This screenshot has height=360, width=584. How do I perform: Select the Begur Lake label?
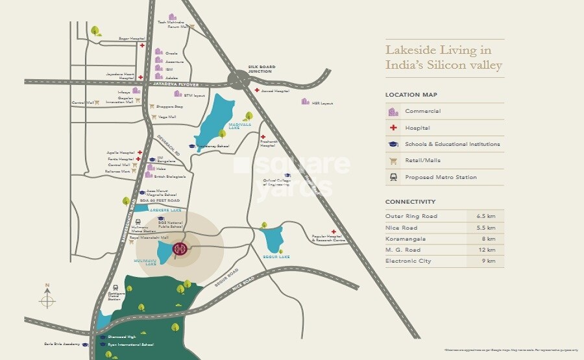click(280, 257)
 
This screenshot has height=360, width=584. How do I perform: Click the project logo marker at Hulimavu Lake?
click(180, 249)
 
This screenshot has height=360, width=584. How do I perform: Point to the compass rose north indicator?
click(47, 298)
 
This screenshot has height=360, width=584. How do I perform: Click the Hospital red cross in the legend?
click(393, 128)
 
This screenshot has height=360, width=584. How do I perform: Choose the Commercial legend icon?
click(393, 112)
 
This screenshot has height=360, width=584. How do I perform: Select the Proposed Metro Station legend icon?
click(393, 177)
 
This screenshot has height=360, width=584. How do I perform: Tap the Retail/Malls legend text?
click(422, 161)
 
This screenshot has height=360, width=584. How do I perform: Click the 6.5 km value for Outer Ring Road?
click(486, 216)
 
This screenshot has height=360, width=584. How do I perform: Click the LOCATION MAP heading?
click(407, 95)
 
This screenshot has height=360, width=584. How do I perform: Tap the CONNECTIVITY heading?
click(410, 202)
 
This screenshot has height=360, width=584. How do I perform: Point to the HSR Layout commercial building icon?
click(305, 101)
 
